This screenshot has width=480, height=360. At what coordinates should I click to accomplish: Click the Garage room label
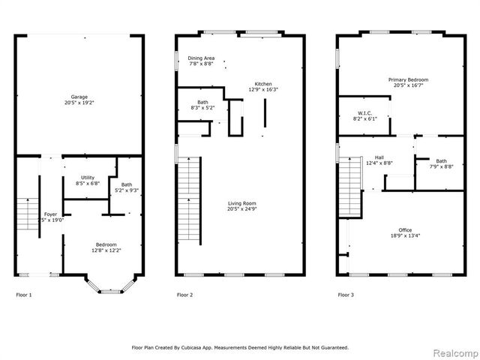pyautogui.click(x=79, y=97)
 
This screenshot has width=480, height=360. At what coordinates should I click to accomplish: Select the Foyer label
pyautogui.click(x=50, y=214)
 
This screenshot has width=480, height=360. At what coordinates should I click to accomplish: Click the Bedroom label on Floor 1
pyautogui.click(x=105, y=244)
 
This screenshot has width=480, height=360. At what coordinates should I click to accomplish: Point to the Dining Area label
pyautogui.click(x=200, y=58)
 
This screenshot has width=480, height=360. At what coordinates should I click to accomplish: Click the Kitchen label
pyautogui.click(x=262, y=83)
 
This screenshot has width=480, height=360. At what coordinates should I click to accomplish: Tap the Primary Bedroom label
pyautogui.click(x=407, y=80)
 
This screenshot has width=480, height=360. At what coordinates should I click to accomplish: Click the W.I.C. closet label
pyautogui.click(x=364, y=113)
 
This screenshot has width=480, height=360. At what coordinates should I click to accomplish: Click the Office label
pyautogui.click(x=406, y=229)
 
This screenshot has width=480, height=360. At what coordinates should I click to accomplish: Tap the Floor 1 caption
pyautogui.click(x=24, y=295)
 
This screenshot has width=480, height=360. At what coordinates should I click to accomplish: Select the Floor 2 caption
pyautogui.click(x=184, y=295)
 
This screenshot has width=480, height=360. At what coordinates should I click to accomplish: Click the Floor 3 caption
pyautogui.click(x=345, y=295)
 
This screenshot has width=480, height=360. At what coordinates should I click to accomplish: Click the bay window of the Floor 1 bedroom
pyautogui.click(x=111, y=286)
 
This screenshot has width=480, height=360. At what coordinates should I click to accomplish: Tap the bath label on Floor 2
pyautogui.click(x=202, y=102)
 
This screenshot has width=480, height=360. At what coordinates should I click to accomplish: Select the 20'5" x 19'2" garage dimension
pyautogui.click(x=79, y=103)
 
